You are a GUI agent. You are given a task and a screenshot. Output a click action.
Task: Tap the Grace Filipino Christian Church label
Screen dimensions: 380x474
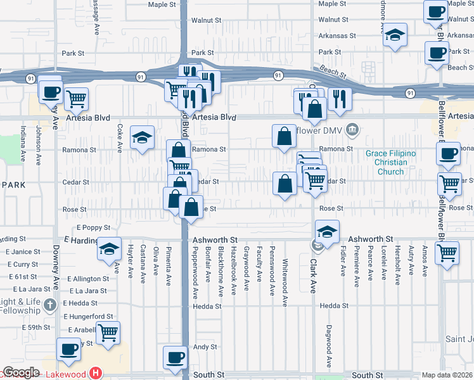(x=391, y=163)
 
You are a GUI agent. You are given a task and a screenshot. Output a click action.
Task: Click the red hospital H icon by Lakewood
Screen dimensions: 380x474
(x=96, y=374)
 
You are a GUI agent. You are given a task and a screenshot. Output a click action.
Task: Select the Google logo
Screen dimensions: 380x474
(x=21, y=373)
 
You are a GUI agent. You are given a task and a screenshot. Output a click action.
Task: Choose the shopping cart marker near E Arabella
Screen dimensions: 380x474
(x=108, y=331)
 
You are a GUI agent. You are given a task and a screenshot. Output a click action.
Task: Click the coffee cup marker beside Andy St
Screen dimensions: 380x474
(x=176, y=356)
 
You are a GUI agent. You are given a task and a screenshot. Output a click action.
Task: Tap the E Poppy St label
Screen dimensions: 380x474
(x=94, y=227)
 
